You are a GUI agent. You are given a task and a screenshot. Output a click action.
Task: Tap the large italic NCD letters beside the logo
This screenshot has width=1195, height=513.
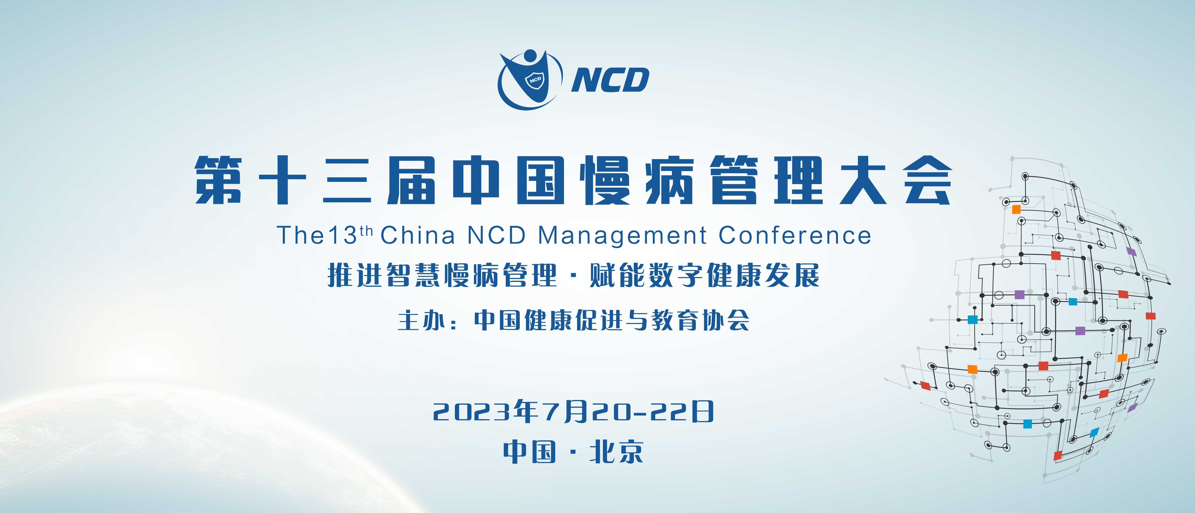pos(610,80)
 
